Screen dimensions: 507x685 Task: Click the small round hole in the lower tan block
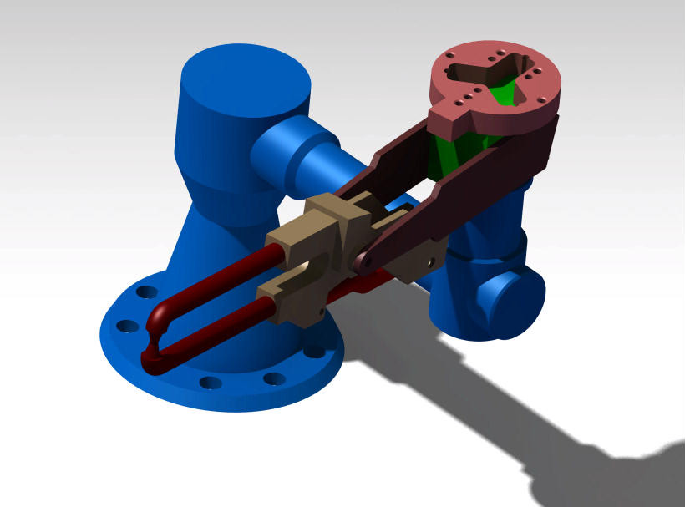tap(430, 261)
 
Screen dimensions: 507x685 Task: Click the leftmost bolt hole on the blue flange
tap(126, 325)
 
